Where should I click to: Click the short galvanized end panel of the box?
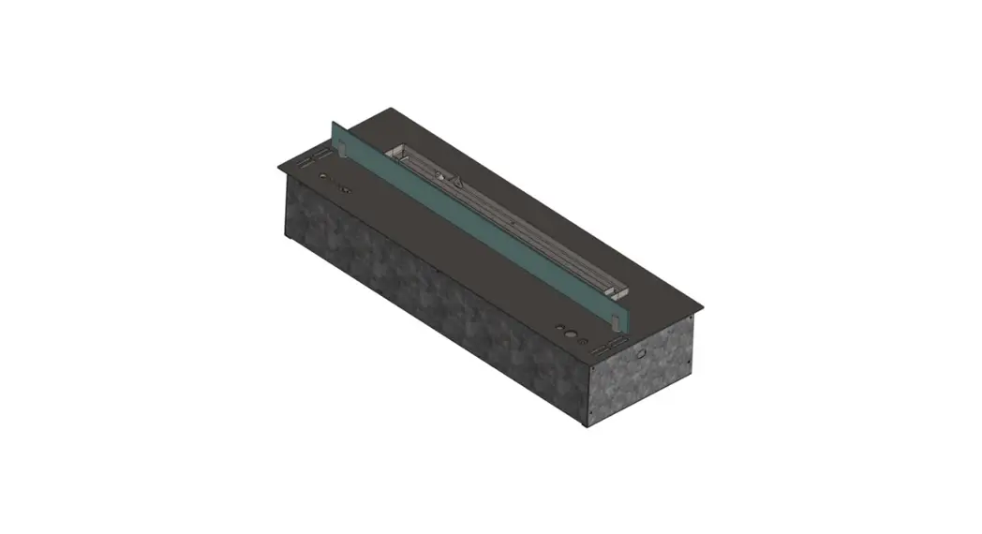646,384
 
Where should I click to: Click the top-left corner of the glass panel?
333,122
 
